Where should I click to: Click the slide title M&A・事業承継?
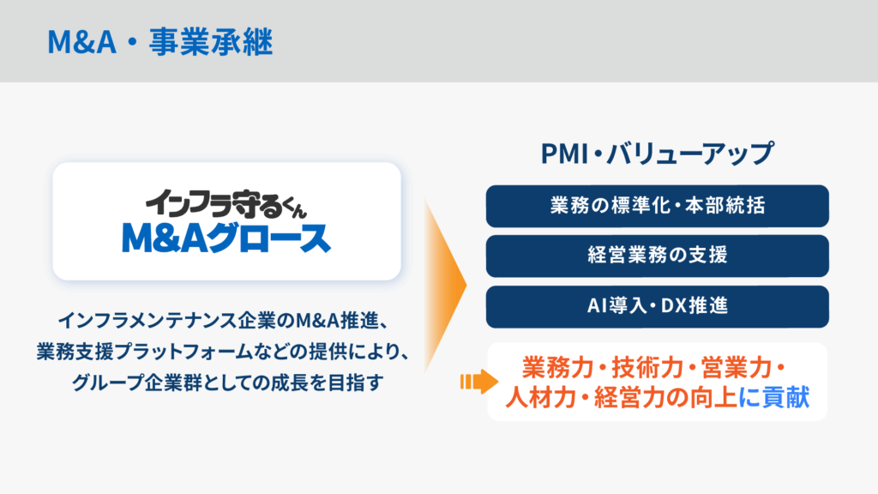click(x=160, y=42)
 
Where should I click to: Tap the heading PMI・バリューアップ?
click(x=658, y=154)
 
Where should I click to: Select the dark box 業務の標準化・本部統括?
click(x=658, y=206)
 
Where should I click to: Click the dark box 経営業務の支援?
click(x=658, y=256)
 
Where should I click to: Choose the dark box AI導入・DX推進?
click(x=658, y=306)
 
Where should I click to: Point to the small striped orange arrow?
click(x=478, y=382)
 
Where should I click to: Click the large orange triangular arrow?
click(x=445, y=285)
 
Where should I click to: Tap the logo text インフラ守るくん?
click(x=226, y=204)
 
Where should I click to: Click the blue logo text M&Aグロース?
click(x=226, y=238)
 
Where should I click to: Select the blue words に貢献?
click(x=774, y=398)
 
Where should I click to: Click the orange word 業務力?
click(x=557, y=368)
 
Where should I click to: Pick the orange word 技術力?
click(x=647, y=368)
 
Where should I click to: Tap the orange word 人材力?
click(x=541, y=398)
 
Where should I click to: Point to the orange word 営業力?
click(x=737, y=368)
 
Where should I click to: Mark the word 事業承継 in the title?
click(x=211, y=42)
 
